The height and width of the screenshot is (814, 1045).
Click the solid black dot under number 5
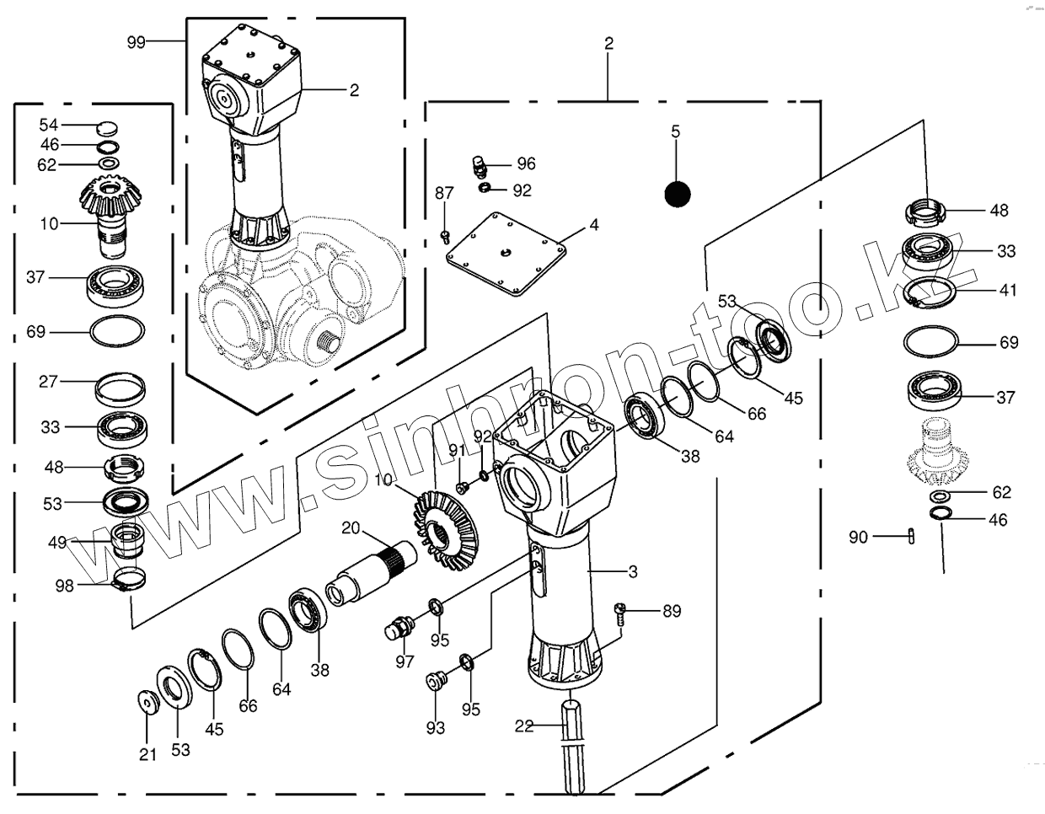pos(678,195)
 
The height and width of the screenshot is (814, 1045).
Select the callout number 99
pos(137,41)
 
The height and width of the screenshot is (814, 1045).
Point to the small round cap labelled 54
pos(107,127)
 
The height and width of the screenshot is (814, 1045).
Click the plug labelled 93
pos(435,678)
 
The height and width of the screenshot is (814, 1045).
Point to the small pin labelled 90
pos(911,536)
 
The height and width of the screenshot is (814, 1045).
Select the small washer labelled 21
pos(148,701)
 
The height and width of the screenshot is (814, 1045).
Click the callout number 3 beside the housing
pos(632,572)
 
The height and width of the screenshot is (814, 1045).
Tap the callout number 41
pos(1008,290)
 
